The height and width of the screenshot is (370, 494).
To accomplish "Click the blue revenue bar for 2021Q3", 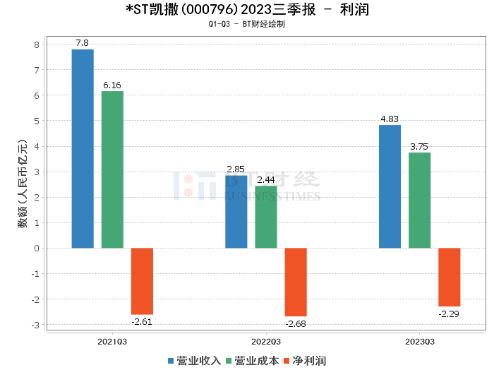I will click(x=83, y=148).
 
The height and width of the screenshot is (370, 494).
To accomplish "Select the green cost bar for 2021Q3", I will click(x=112, y=169).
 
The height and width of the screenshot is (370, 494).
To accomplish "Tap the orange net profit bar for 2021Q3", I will click(x=142, y=281).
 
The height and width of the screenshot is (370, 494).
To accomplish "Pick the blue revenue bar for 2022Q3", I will click(x=236, y=212).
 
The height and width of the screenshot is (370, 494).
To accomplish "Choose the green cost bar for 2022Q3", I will click(x=266, y=217).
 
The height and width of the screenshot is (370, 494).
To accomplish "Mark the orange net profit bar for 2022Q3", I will click(x=296, y=282).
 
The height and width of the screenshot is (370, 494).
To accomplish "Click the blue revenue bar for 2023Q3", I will click(x=390, y=186).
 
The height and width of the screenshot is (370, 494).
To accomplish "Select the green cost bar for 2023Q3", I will click(x=419, y=200).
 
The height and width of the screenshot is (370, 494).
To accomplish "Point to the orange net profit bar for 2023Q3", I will click(x=449, y=277).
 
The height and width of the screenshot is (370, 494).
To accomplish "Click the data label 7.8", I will click(x=83, y=44).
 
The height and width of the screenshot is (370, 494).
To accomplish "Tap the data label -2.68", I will click(x=296, y=323).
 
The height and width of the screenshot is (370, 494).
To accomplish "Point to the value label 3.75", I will click(x=419, y=147).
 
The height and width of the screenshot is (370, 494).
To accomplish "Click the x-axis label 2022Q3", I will click(x=266, y=341).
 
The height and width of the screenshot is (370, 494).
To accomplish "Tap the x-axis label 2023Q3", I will click(x=419, y=341).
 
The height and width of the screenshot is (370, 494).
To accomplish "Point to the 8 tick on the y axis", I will click(x=37, y=44).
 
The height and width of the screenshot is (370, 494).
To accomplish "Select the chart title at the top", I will click(x=246, y=10).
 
